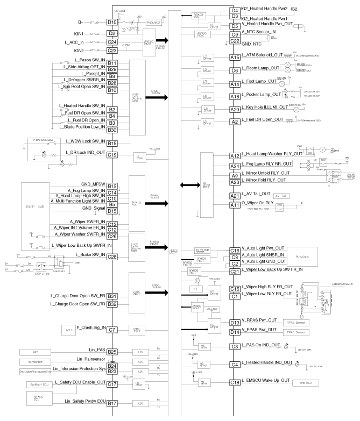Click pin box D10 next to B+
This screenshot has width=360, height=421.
[x=112, y=22]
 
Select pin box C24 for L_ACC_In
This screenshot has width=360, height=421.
[x=112, y=42]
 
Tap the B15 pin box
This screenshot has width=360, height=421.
[x=112, y=144]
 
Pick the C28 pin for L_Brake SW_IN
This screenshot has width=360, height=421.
[x=112, y=257]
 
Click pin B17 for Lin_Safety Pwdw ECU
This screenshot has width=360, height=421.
[x=112, y=403]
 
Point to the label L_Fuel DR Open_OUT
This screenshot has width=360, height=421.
[x=263, y=122]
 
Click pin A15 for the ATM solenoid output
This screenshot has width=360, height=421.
[x=235, y=58]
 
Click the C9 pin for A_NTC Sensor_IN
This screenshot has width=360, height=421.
[x=235, y=34]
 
